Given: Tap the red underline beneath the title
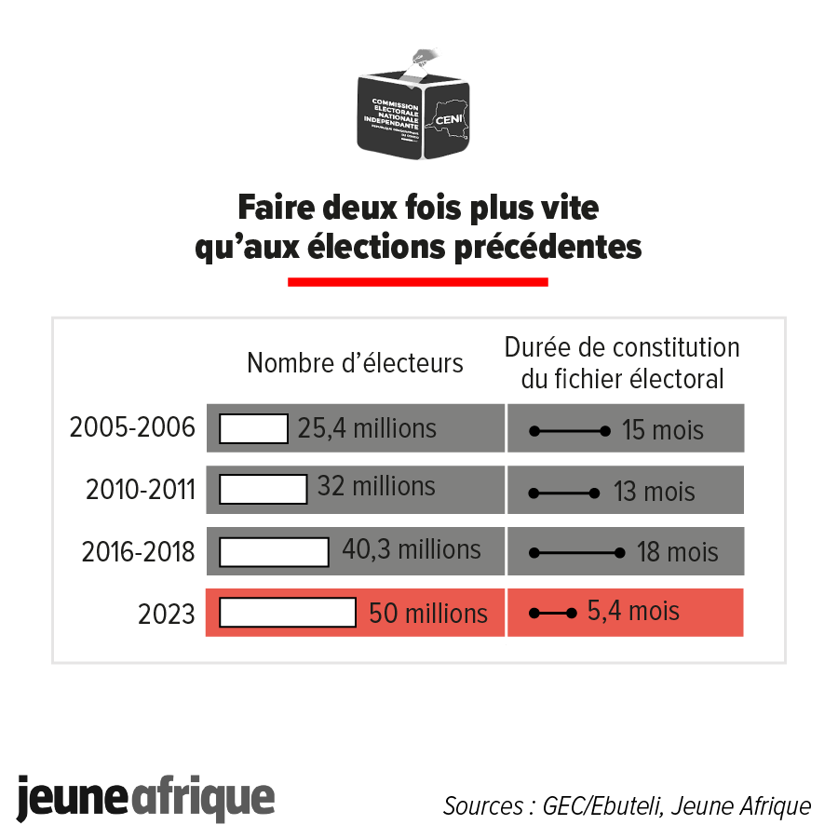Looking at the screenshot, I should point(418,281).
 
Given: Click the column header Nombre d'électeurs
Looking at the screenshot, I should point(355,363).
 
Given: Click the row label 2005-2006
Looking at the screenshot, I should point(132,428).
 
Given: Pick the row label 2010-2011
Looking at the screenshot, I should point(140,490).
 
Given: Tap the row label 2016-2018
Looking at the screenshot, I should point(138,552).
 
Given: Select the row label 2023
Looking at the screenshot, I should point(167,614).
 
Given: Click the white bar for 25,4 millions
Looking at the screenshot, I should point(253,429).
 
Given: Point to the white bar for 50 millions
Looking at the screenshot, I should point(288,613).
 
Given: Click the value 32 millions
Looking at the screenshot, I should point(376,487).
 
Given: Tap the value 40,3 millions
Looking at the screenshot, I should point(411,549).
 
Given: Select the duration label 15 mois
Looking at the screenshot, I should point(663,431).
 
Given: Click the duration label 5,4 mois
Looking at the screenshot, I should point(633,612).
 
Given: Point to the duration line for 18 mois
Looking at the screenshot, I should point(576,552).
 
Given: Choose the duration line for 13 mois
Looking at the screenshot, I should point(564,492).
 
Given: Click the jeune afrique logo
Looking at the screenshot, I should point(146,798).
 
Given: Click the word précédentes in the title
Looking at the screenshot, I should point(547,248).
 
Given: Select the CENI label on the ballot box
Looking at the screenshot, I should point(452,119).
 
